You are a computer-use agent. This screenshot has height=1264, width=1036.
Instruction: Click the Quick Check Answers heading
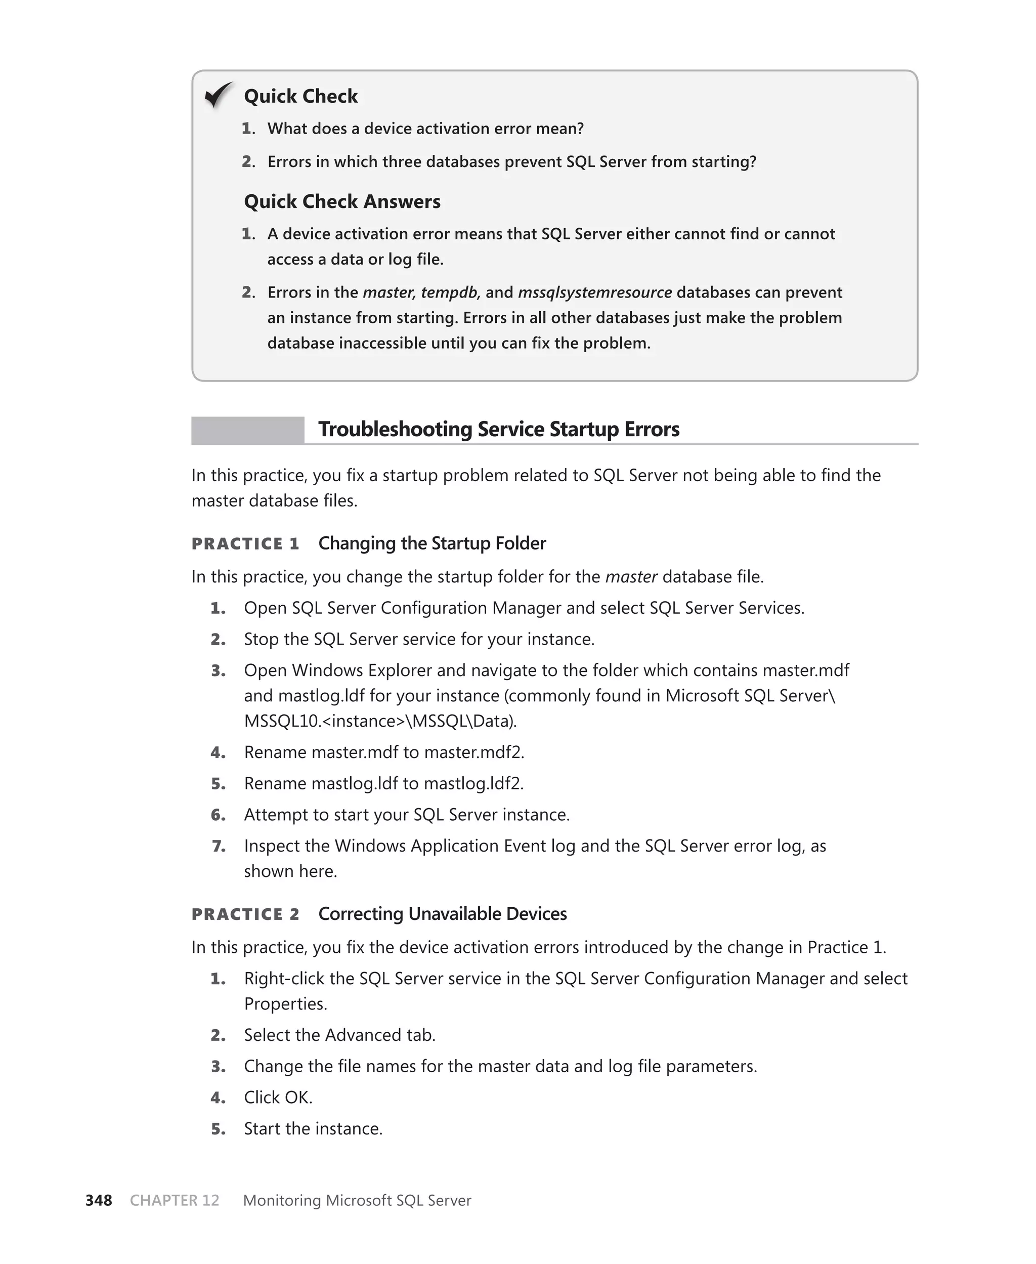[342, 202]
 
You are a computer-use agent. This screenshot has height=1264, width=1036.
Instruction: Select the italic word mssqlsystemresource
[594, 292]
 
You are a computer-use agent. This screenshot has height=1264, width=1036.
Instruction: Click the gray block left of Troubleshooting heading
[248, 430]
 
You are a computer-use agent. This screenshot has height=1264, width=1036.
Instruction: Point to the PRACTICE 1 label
[245, 543]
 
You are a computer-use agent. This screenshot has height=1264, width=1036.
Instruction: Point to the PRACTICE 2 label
[245, 914]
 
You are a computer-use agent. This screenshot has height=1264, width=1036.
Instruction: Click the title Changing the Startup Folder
[432, 543]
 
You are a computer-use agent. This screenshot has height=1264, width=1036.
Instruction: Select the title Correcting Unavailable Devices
[442, 914]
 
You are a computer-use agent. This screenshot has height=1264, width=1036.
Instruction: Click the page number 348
[99, 1200]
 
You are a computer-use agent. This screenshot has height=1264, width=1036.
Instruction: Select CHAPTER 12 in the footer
[174, 1200]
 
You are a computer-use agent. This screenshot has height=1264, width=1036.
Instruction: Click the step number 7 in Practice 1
[219, 846]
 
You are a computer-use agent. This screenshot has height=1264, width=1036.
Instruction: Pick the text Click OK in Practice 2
[278, 1098]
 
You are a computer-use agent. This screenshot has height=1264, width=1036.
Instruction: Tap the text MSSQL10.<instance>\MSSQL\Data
[379, 721]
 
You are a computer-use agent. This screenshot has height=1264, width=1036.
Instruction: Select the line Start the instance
[313, 1128]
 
